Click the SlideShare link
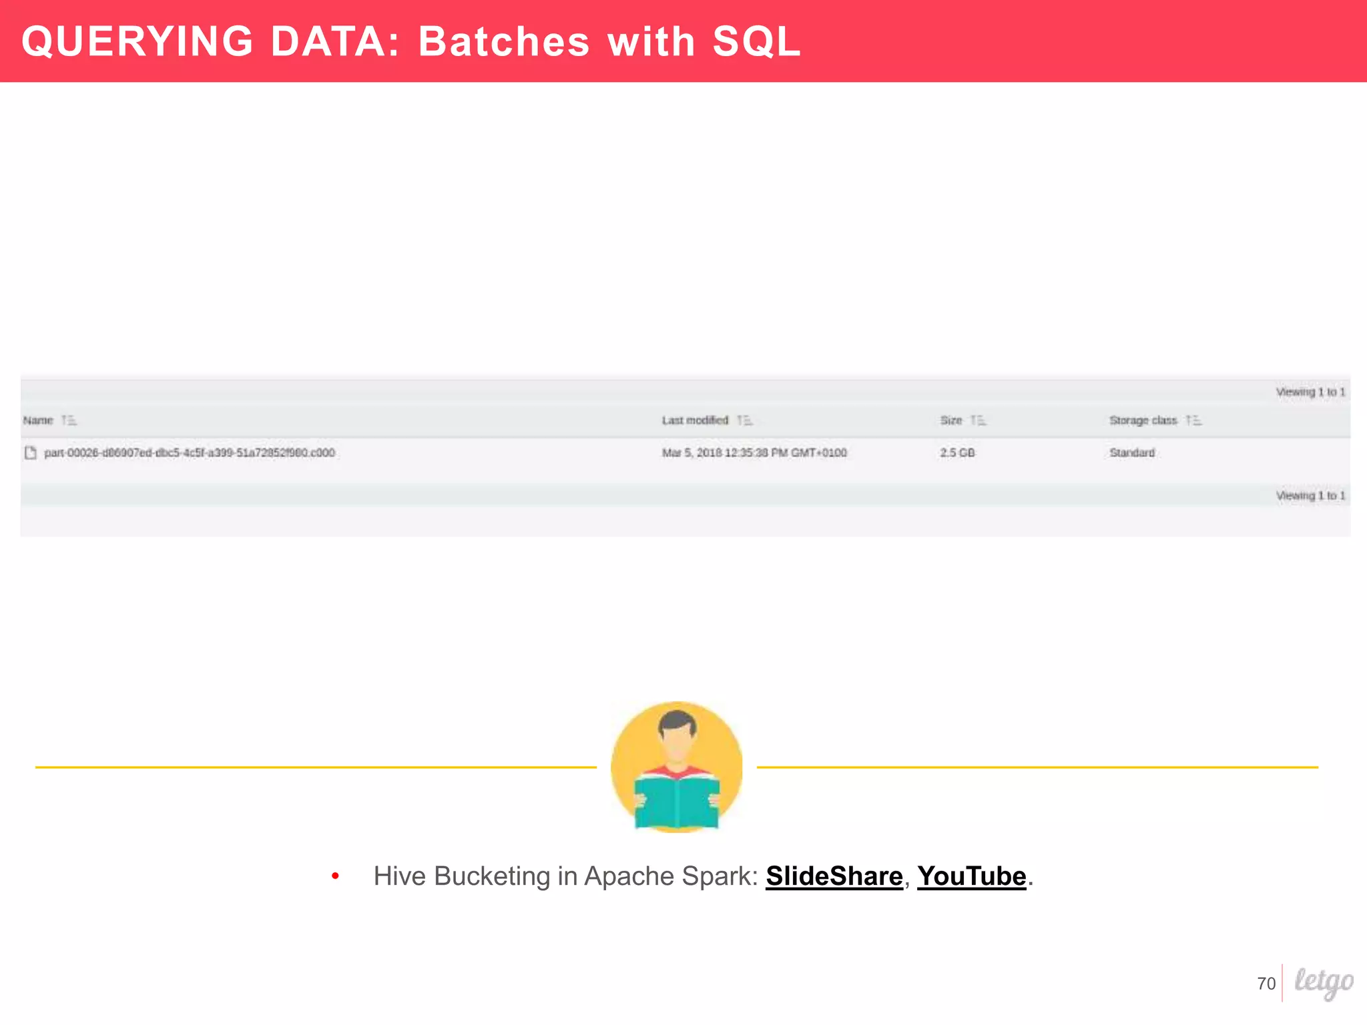[x=834, y=876]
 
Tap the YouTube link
[x=971, y=876]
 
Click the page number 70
[x=1266, y=984]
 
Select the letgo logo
[x=1324, y=982]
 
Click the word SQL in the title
[x=756, y=41]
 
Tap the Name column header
[x=38, y=420]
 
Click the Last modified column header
[x=695, y=420]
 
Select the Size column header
[x=951, y=420]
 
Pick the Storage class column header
[x=1143, y=420]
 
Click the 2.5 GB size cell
[x=957, y=452]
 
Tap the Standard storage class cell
[x=1132, y=452]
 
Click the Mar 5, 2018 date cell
[x=754, y=452]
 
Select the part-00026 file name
[x=190, y=452]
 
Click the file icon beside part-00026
[x=30, y=452]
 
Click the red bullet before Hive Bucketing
[x=335, y=876]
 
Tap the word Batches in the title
[x=504, y=41]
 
